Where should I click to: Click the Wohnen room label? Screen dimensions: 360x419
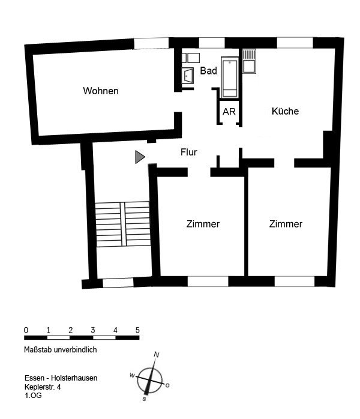tap(101, 91)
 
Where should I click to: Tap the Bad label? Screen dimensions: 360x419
tap(208, 71)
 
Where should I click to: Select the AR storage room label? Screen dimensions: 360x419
tap(229, 112)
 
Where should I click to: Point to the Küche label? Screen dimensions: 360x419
tap(285, 111)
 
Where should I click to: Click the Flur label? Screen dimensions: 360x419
tap(189, 152)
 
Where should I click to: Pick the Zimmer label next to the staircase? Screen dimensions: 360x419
tap(203, 224)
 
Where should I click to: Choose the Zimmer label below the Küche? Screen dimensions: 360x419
tap(286, 224)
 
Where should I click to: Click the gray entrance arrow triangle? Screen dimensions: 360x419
tap(140, 157)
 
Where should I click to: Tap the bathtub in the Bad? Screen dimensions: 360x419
tap(230, 77)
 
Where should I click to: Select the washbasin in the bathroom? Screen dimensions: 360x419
tap(188, 76)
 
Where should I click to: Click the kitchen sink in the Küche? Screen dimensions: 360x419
tap(249, 61)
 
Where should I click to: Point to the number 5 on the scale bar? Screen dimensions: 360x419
tap(137, 330)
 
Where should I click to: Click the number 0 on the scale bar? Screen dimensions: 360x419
tap(26, 330)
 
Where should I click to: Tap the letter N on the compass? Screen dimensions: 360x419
tap(157, 355)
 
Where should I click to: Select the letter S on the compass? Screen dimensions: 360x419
tap(145, 399)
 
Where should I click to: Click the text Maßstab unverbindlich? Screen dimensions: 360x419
tap(61, 350)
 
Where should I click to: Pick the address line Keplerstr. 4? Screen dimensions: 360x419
tap(43, 387)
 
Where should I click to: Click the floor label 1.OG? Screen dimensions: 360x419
tap(34, 396)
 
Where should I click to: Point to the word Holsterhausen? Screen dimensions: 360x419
tap(74, 378)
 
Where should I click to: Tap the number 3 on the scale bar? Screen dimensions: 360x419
tap(92, 330)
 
